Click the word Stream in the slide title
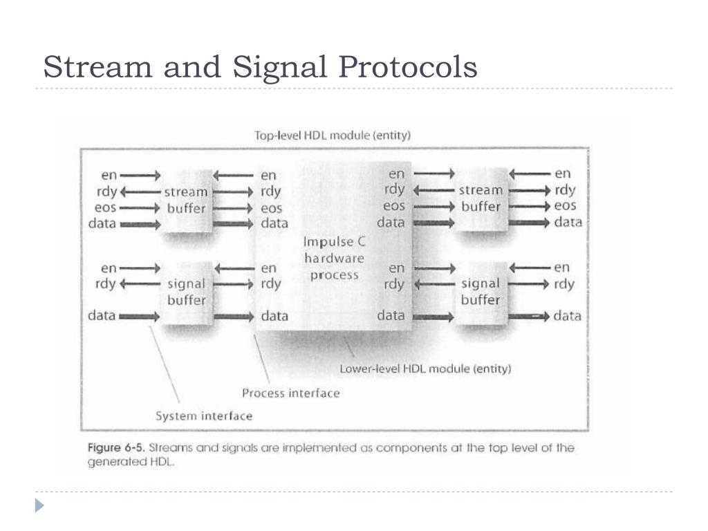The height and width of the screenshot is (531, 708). click(x=96, y=68)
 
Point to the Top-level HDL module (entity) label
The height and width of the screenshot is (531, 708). click(x=333, y=136)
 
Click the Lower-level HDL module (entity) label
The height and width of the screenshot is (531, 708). click(x=425, y=369)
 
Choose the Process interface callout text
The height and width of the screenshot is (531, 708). click(x=290, y=393)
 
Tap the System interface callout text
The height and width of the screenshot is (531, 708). click(x=204, y=416)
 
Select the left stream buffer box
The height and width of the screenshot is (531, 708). click(x=186, y=200)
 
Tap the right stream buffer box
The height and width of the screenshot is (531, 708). click(x=481, y=198)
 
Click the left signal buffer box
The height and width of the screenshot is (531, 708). click(x=186, y=292)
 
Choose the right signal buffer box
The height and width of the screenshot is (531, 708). click(x=481, y=291)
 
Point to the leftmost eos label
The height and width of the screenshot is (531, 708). click(x=104, y=207)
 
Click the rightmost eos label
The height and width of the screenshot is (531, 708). click(x=565, y=206)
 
